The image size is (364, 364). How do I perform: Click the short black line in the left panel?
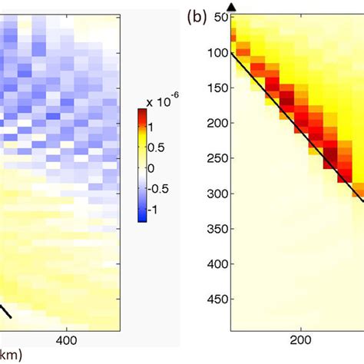point(5,312)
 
